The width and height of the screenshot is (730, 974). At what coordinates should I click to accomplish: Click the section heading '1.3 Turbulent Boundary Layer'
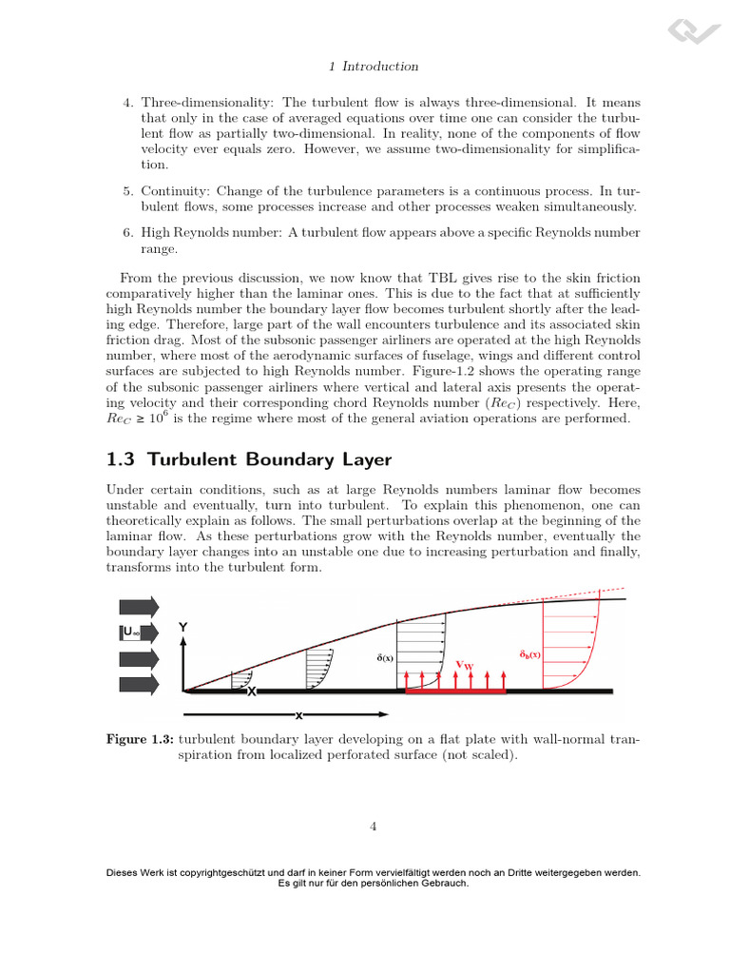(248, 459)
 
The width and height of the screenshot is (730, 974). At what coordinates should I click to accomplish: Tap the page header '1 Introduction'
(373, 67)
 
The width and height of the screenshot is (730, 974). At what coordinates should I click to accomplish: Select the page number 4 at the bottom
(374, 827)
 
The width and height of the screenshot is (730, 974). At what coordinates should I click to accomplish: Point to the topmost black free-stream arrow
(141, 607)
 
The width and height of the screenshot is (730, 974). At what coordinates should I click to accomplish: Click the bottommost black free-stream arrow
(141, 683)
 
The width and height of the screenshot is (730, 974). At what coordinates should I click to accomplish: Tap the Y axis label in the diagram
(184, 628)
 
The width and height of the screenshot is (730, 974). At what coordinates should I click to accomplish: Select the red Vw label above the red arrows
(465, 665)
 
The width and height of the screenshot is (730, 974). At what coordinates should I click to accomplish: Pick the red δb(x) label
(530, 654)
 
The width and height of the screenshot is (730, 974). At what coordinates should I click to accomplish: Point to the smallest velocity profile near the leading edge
(242, 681)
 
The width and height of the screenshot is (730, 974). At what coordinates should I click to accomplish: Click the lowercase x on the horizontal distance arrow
(298, 715)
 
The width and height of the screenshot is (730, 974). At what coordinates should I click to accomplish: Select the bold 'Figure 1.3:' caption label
(139, 738)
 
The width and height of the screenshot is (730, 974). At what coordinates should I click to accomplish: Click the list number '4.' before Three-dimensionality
(128, 103)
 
